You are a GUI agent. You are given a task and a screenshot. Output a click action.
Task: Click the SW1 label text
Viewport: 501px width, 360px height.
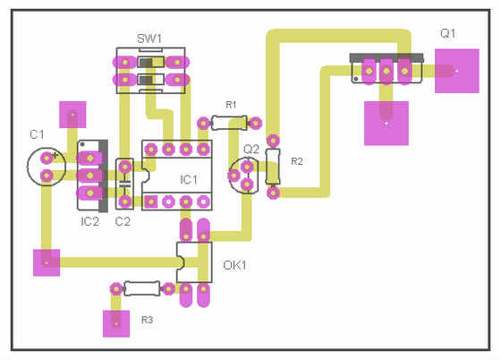coord(149,39)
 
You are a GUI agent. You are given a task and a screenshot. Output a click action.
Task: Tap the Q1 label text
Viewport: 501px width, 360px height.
coord(447,33)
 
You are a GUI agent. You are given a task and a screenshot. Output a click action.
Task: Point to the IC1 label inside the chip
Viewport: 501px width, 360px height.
coord(189,180)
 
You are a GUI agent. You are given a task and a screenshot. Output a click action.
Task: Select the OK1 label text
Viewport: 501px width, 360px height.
coord(234,265)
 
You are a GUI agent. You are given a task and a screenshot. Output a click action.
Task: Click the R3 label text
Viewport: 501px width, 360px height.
coord(148,320)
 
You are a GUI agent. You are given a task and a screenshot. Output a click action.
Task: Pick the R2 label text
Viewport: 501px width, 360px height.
coord(297,161)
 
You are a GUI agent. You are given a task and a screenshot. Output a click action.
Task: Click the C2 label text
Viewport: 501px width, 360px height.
coord(123,221)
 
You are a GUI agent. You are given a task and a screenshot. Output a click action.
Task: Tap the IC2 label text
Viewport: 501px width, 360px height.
coord(89,221)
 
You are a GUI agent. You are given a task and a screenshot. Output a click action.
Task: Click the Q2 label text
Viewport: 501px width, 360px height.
coord(251,149)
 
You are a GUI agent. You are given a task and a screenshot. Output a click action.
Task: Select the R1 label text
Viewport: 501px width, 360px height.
coord(231,105)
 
